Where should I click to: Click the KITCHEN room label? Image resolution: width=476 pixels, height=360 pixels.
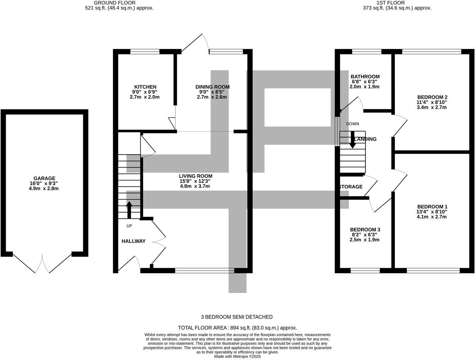[145, 87]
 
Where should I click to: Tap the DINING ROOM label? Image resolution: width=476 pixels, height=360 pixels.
[212, 87]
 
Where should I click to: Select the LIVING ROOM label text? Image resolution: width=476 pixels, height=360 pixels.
[195, 176]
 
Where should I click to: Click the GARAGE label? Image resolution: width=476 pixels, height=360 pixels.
[44, 179]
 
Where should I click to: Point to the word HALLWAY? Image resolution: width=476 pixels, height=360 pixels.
[134, 241]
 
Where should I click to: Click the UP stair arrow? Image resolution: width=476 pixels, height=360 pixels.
[129, 210]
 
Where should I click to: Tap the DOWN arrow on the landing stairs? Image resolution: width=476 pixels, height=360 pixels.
[352, 140]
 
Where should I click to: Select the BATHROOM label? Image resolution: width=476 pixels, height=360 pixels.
[365, 77]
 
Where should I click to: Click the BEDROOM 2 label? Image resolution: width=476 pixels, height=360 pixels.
[432, 97]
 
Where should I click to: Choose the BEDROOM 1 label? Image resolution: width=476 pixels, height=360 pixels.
[432, 207]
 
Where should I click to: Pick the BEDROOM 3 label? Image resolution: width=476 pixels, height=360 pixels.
[365, 230]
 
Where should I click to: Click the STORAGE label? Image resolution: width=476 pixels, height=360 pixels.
[351, 187]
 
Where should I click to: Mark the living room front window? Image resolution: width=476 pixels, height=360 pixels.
[205, 270]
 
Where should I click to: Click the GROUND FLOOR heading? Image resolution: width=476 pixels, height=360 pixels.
[115, 3]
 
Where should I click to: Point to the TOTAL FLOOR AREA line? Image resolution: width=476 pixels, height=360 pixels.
[237, 328]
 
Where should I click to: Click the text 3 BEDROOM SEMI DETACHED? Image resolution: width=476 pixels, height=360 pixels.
[237, 317]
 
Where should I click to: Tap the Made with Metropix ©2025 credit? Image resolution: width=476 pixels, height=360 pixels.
[237, 356]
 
